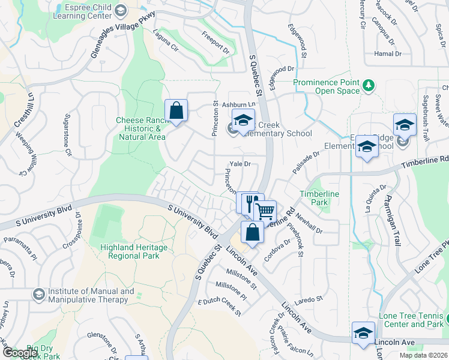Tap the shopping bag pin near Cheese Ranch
[x=176, y=111]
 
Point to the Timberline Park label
[x=319, y=199]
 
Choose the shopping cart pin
[x=265, y=211]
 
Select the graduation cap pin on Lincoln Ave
[x=363, y=333]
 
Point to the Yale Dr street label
[x=240, y=164]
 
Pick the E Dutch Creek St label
[x=219, y=307]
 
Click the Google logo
[x=20, y=353]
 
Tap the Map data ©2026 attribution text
[x=424, y=355]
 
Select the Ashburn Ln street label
[x=239, y=104]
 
